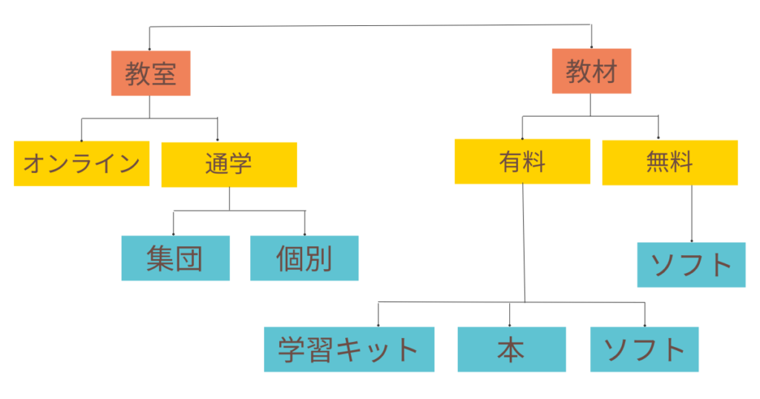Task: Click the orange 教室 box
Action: tap(151, 73)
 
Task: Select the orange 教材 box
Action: tap(592, 71)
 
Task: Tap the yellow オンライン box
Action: tap(81, 163)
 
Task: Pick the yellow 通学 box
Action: tap(229, 164)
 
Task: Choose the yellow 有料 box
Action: tap(522, 162)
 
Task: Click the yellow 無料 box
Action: tap(669, 162)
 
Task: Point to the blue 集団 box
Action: tap(175, 258)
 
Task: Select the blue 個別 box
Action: tap(304, 258)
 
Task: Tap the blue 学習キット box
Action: tap(349, 349)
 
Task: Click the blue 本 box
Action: tap(511, 349)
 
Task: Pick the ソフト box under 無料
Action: tap(691, 265)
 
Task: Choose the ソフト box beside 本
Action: tap(644, 349)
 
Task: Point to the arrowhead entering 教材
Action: tap(592, 46)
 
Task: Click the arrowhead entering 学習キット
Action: tap(379, 325)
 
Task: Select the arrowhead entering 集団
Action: tap(174, 234)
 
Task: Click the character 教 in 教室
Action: tap(138, 74)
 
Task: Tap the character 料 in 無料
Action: tap(681, 162)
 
